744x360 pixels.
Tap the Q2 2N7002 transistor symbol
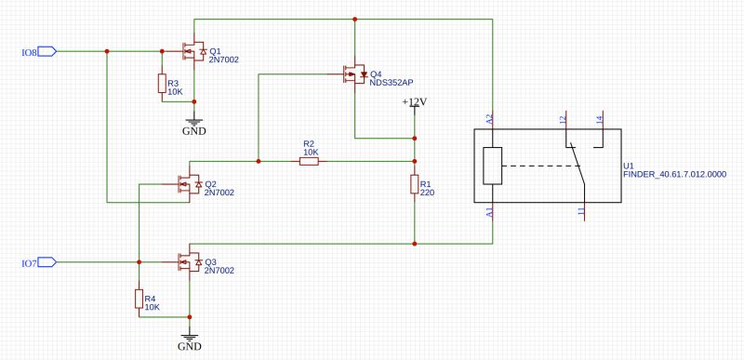tap(189, 184)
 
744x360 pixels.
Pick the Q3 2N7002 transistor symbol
tap(189, 263)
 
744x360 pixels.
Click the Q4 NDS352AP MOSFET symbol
tap(354, 74)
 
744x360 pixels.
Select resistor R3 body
tap(162, 84)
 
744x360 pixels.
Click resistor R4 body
tap(139, 300)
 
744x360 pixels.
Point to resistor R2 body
tap(310, 162)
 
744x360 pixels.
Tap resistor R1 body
tap(415, 184)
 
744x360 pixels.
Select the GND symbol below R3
tap(193, 126)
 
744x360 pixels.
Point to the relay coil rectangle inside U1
tap(493, 167)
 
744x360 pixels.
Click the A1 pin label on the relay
tap(489, 213)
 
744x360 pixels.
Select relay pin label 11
tap(580, 213)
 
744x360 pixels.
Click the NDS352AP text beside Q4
tap(392, 83)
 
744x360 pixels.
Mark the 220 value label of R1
tap(428, 193)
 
